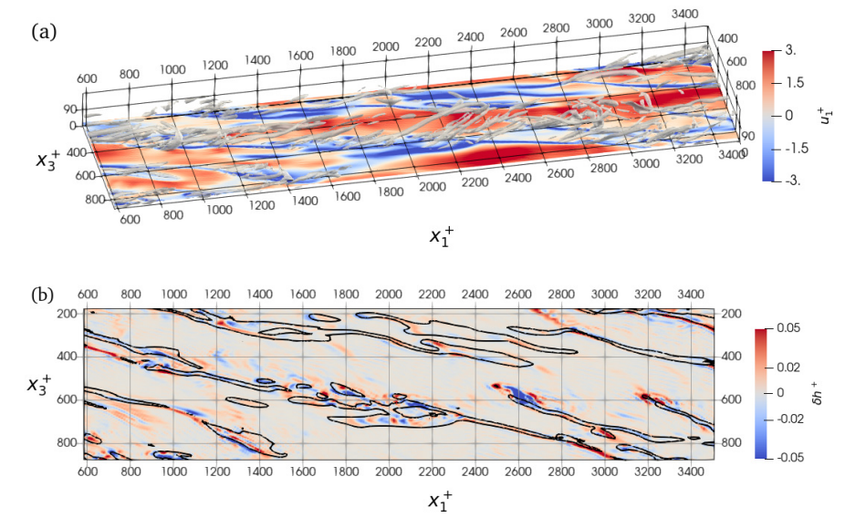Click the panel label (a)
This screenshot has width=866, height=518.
(x=44, y=32)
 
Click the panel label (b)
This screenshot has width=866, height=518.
(x=44, y=295)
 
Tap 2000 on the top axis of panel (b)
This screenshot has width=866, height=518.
(x=388, y=295)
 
